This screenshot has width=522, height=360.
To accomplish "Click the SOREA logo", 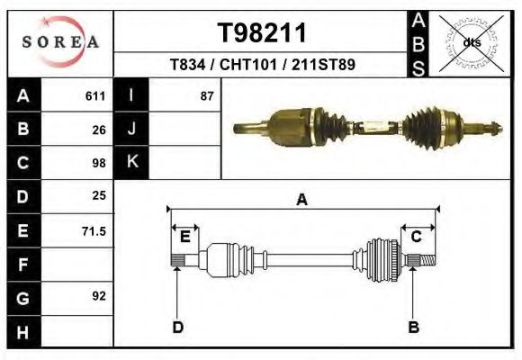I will coord(60,43).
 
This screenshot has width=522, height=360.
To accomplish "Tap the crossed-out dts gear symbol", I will coord(472,42).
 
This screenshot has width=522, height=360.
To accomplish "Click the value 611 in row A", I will coord(95,96).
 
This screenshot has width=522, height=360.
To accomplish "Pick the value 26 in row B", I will coord(99,130).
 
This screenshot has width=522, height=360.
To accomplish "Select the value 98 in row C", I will coord(99,163).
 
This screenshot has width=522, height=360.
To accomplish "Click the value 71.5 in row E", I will coord(94,231).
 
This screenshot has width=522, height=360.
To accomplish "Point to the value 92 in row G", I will coord(99,296).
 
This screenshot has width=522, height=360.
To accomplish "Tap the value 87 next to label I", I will coord(207,96).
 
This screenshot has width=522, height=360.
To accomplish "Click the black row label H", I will coord(23,332).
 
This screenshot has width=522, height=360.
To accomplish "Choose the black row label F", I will coord(23,265).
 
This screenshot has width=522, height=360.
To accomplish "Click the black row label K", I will coord(131,162).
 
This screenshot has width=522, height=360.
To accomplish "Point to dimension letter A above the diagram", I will coord(302,200).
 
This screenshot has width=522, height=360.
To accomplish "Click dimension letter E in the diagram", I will coord(184,237).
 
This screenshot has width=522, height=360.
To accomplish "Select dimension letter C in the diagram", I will coord(417,237).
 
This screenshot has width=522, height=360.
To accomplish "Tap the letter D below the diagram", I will coord(178,327).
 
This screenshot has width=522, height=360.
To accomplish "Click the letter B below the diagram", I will coord(413,327).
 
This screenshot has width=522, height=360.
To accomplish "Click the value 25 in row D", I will coord(99,195).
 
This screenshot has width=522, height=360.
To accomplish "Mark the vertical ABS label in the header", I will coord(418,42).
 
